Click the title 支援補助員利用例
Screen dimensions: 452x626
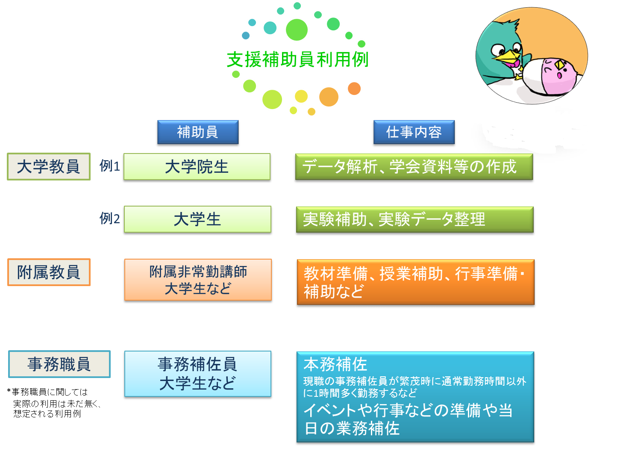297,60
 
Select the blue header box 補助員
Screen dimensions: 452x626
197,132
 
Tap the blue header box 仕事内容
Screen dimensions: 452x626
414,132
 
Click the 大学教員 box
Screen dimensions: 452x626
49,166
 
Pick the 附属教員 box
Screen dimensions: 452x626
49,272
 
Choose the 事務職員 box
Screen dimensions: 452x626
59,364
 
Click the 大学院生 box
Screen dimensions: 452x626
197,166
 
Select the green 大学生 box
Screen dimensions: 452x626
197,219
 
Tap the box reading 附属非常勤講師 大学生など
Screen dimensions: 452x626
198,280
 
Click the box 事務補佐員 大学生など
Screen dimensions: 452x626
197,373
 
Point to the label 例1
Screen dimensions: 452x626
109,166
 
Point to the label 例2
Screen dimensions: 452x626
109,219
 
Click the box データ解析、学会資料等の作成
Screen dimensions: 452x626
414,166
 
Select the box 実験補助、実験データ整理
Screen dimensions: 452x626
414,219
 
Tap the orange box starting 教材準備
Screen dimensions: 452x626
415,282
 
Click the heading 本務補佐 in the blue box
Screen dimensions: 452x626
335,364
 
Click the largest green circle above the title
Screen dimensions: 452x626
297,30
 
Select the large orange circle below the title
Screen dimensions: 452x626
329,97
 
